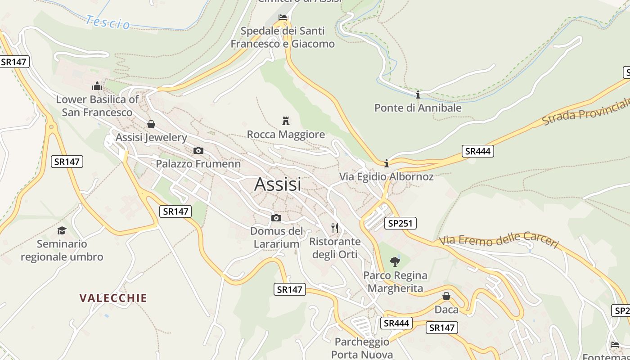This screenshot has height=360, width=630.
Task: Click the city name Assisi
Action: point(278,184)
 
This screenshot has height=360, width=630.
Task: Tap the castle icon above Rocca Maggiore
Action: point(285,121)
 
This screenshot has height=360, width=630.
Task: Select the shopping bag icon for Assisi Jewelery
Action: point(151,124)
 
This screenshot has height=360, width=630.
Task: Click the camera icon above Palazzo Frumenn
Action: point(198,150)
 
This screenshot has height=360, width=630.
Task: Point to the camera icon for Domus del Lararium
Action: point(276,218)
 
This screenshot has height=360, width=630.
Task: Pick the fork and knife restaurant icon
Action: point(335,228)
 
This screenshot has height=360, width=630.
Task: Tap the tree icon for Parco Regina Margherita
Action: point(395,261)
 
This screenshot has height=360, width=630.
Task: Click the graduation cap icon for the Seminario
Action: point(62,230)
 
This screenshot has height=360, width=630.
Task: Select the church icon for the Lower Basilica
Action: point(97,85)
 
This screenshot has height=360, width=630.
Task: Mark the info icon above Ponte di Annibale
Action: point(418,94)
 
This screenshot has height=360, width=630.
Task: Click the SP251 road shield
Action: point(400,223)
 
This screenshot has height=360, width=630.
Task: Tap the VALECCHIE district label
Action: point(113,298)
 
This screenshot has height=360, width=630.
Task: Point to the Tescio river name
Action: point(108,22)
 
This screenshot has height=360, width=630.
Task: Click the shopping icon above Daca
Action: point(446,296)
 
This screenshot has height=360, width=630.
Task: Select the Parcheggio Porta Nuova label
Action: point(362,348)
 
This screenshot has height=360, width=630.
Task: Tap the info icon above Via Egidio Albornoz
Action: point(386,163)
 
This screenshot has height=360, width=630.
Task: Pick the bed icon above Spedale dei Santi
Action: point(283,17)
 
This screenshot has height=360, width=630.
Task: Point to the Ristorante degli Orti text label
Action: point(335,248)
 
